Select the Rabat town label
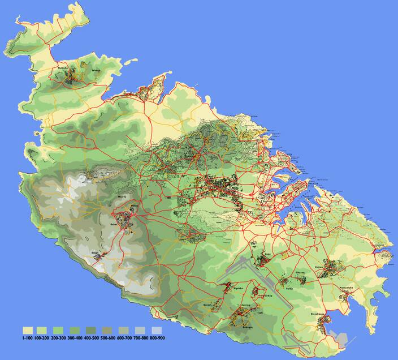(x=113, y=224)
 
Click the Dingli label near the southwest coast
(x=95, y=253)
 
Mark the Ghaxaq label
(x=300, y=273)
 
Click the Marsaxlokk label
(x=346, y=288)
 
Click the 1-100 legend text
(x=27, y=338)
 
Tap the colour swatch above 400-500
(x=91, y=330)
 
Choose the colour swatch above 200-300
(x=59, y=330)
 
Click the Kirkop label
(x=269, y=295)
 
